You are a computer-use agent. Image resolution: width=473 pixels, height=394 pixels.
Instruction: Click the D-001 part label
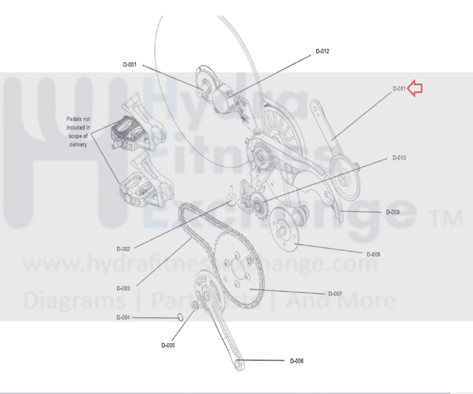[x=130, y=65]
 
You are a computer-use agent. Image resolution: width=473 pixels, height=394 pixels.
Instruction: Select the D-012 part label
[x=323, y=51]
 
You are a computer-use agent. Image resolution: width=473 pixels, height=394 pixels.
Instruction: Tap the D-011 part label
[x=399, y=89]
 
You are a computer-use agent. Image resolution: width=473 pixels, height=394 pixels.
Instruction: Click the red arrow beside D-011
[x=415, y=88]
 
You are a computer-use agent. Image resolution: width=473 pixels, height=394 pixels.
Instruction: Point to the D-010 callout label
[x=399, y=158]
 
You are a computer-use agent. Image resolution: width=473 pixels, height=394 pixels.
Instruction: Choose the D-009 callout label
[x=393, y=212]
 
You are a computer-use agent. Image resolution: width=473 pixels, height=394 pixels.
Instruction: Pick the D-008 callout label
[x=374, y=255]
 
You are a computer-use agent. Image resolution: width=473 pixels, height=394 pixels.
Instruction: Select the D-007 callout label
[x=335, y=294]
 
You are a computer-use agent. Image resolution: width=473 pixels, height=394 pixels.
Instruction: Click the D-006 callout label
[x=297, y=361]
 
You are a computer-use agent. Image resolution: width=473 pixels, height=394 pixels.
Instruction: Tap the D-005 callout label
[x=168, y=345]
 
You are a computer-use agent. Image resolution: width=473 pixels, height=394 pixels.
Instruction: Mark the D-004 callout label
[x=123, y=318]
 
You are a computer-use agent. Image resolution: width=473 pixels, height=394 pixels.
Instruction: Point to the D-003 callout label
[x=123, y=289]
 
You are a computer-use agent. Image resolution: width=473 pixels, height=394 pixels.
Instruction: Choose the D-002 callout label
[x=123, y=249]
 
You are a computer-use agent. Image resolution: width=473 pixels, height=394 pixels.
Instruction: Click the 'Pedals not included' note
[x=78, y=132]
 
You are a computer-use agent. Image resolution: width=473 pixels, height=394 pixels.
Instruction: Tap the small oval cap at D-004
[x=180, y=317]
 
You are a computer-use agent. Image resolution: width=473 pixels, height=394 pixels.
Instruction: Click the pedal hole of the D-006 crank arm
[x=237, y=365]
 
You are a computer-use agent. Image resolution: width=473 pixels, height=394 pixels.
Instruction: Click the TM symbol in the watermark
[x=446, y=218]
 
